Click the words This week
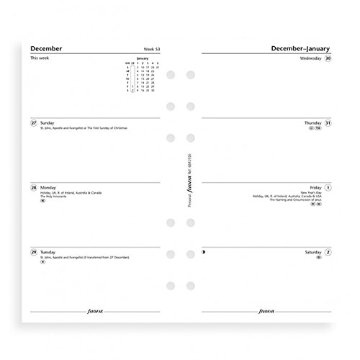(x=40, y=58)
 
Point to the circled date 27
(x=34, y=122)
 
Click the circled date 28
(x=34, y=186)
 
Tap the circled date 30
(x=328, y=58)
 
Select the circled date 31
(x=328, y=122)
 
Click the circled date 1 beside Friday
(x=328, y=187)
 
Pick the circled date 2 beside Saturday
(x=328, y=251)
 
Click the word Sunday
(x=47, y=122)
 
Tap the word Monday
(x=48, y=186)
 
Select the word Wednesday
(x=310, y=58)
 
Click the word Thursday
(x=312, y=122)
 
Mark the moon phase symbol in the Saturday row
(x=204, y=251)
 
